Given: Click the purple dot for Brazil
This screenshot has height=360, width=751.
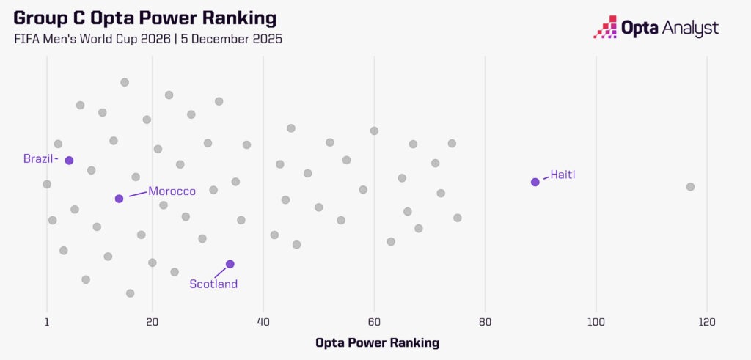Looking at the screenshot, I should coord(69,161).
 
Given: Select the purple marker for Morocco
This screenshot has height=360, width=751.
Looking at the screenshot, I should coord(119,199).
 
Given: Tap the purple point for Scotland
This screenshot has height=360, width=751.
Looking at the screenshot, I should coord(230,264).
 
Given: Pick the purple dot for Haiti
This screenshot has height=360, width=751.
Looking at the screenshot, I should coord(535,182).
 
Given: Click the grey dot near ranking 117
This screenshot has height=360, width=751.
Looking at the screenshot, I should coord(690,187).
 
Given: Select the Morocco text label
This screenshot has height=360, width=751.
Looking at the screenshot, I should coord(172,191).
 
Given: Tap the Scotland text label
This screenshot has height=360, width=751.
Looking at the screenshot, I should coord(213,284).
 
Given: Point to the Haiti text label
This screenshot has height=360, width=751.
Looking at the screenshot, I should coord(563,175).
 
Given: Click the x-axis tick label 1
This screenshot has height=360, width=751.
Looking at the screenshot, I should coord(47,321).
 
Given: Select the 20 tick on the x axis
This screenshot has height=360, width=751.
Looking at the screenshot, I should coord(153,321).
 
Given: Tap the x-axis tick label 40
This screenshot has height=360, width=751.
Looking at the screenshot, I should coord(263,321).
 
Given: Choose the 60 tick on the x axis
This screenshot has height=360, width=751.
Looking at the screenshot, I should coord(374,321).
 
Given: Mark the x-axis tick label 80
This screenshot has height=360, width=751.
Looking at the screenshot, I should coord(485,321).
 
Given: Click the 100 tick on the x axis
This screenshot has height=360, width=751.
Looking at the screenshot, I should coord(596,321).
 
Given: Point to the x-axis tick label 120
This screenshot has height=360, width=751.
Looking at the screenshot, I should coord(706,321).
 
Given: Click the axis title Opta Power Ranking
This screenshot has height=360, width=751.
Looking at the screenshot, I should coord(377,342).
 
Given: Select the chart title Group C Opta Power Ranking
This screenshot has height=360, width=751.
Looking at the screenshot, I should coord(145,18).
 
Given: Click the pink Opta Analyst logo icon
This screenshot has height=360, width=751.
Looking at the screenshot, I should coord(605,26).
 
